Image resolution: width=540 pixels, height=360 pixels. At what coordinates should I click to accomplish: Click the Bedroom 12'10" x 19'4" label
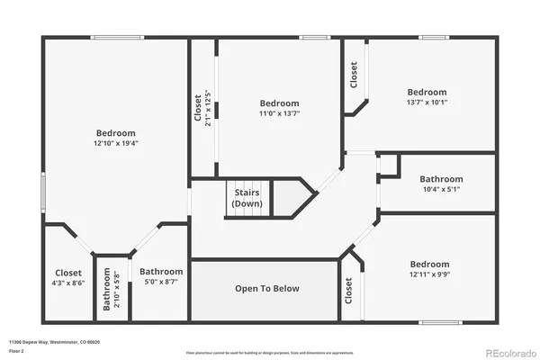click(x=116, y=138)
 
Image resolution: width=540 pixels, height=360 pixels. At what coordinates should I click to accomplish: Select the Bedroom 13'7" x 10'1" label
click(x=427, y=96)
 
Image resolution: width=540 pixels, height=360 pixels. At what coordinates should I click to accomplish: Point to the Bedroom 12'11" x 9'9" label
click(x=427, y=269)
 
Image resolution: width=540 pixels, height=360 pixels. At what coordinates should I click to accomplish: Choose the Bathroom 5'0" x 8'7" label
click(x=161, y=276)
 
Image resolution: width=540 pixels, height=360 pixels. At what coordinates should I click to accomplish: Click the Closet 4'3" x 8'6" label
click(x=67, y=277)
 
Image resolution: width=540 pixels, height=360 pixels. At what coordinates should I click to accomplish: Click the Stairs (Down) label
click(x=247, y=198)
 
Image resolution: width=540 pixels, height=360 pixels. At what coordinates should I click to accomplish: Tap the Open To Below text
click(x=267, y=289)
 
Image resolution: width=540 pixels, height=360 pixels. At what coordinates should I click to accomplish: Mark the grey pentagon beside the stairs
click(x=292, y=197)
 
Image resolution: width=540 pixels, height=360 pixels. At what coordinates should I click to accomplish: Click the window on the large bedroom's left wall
click(x=42, y=191)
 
